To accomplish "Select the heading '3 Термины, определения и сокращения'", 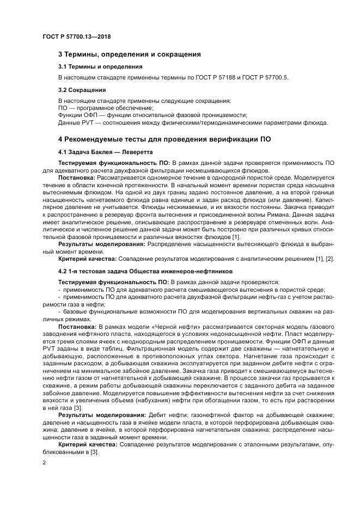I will (130, 54).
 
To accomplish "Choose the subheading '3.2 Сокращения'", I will (82, 90).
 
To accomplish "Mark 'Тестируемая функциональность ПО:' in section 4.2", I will (114, 282).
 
